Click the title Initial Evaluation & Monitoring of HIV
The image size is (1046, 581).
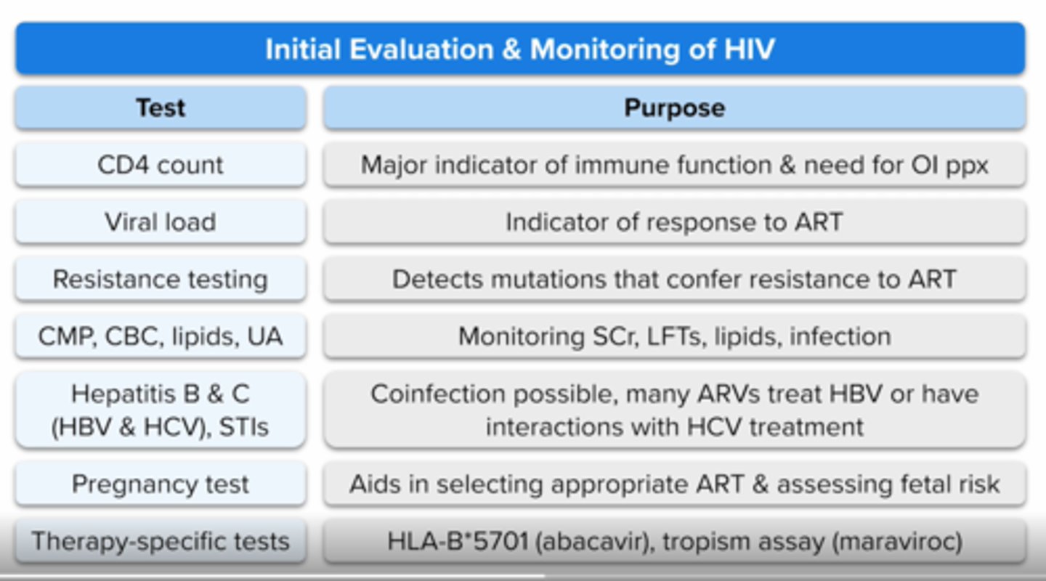click(519, 49)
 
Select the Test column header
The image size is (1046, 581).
click(161, 108)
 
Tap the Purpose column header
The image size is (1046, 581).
click(674, 108)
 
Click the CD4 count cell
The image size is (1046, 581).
click(161, 165)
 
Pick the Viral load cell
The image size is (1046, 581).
click(161, 222)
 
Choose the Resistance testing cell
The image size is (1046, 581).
click(161, 280)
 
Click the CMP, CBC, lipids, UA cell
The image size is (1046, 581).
click(161, 337)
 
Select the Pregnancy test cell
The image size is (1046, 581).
click(161, 484)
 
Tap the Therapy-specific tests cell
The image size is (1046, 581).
click(161, 542)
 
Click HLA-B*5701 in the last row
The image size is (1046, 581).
click(457, 542)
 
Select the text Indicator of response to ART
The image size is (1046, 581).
click(674, 222)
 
